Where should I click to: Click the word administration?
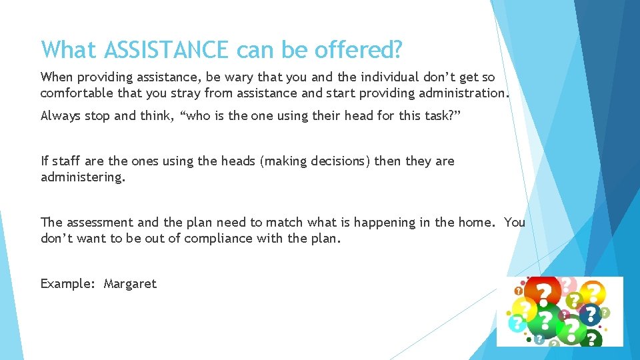point(461,93)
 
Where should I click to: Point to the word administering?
point(83,177)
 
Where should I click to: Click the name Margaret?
point(130,284)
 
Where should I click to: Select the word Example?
point(69,284)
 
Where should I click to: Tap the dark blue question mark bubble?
point(589,314)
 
